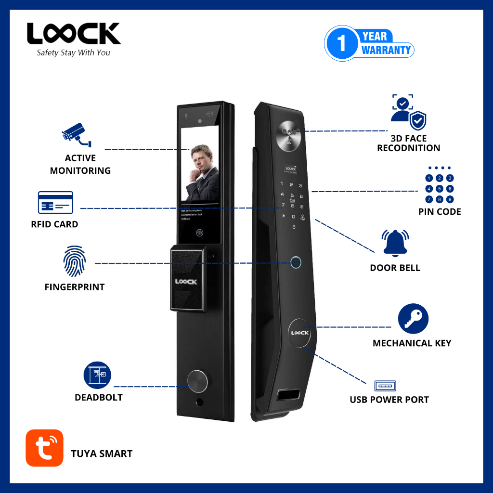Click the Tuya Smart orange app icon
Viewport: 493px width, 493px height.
click(44, 448)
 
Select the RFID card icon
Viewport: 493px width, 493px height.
click(55, 202)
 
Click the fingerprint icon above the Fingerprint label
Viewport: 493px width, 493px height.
click(75, 262)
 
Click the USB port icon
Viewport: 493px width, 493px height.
click(385, 386)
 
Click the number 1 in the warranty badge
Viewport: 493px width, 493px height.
click(342, 43)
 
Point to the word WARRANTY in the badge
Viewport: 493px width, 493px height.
click(387, 50)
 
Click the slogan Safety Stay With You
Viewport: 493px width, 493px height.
click(73, 52)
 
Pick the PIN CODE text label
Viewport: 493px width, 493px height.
click(440, 211)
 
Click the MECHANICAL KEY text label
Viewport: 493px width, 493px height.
click(412, 343)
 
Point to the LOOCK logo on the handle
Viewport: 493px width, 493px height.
click(186, 282)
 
